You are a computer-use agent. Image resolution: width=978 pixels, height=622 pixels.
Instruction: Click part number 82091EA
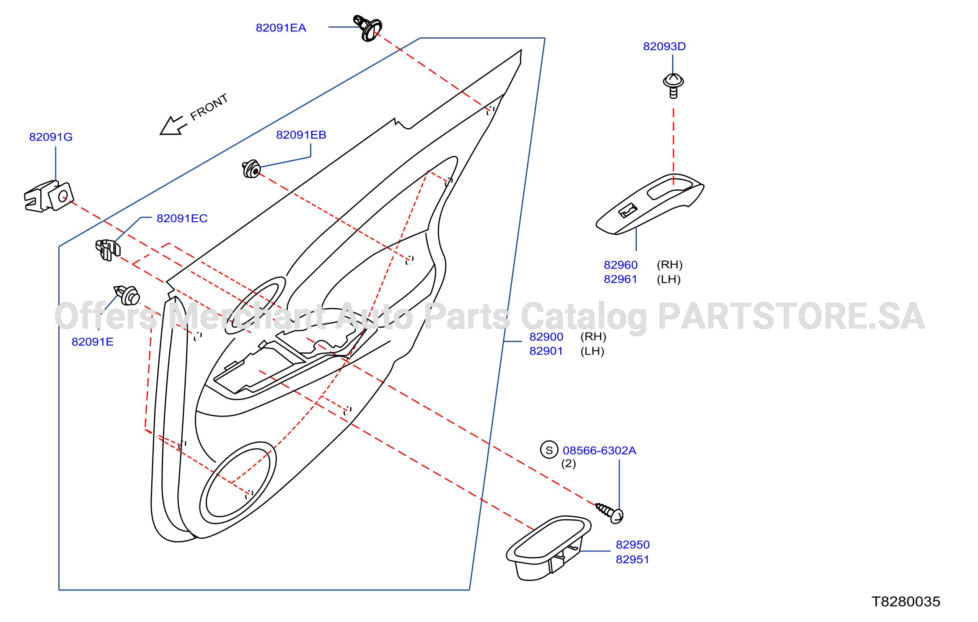coord(281,28)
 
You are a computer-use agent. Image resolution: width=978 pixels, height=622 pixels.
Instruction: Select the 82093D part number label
coord(664,46)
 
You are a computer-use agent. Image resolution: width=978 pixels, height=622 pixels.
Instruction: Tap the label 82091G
coord(51,137)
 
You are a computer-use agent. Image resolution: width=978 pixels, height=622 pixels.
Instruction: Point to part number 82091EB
coord(301,135)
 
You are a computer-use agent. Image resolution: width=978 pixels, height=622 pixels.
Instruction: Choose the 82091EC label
coord(182,218)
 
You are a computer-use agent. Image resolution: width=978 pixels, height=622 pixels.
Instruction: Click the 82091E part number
coord(92,342)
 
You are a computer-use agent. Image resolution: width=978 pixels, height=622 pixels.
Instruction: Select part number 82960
coord(620,265)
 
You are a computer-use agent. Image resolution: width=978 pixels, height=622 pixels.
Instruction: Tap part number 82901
coord(546,351)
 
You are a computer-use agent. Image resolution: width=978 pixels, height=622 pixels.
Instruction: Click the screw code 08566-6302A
coord(599,450)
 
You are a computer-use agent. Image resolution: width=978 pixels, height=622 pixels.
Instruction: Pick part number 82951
coord(632,559)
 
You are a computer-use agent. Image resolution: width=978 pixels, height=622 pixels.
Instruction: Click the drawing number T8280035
coord(906,601)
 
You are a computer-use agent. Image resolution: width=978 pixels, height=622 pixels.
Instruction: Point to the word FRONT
coord(209,107)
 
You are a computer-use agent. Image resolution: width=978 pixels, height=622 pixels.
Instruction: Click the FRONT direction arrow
coord(173,125)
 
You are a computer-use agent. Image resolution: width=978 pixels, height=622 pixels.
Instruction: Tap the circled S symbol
coord(549,450)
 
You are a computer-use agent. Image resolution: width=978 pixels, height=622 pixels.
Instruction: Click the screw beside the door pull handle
coord(610,513)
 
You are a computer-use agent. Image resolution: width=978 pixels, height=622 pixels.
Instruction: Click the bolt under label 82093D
coord(673,86)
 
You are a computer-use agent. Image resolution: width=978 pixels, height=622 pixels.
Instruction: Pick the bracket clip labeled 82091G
coord(49,196)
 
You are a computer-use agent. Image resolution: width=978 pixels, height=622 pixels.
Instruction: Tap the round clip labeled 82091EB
coord(251,169)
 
